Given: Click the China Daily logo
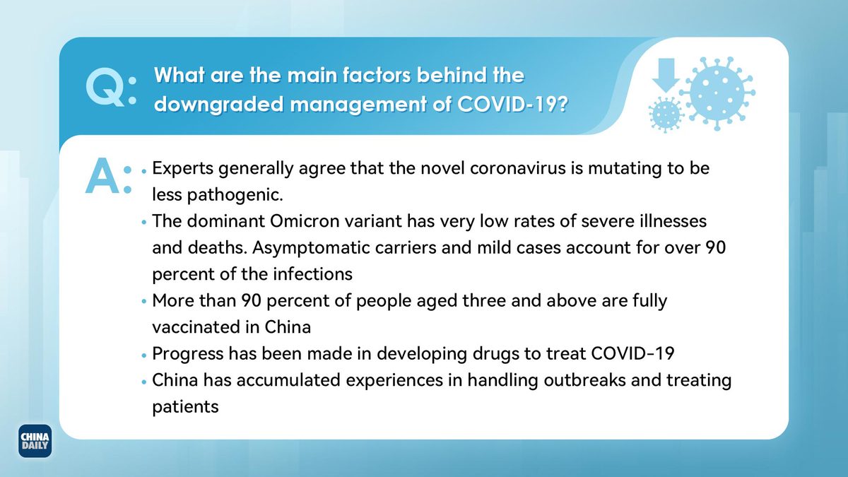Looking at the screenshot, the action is [35, 441].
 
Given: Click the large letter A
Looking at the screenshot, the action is [102, 176].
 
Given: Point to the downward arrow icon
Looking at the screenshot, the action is [666, 76].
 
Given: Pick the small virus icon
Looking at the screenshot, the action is [666, 114].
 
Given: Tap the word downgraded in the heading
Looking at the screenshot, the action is [219, 105].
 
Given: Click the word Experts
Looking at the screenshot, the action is [183, 169].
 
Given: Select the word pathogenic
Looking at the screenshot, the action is [235, 195].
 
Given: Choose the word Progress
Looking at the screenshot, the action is [188, 354].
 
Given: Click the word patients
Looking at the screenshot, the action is [185, 407].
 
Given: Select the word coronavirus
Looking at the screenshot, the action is [517, 168].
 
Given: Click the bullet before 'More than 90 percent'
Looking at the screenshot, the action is [144, 302].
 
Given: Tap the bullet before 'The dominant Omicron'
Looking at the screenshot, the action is [144, 222].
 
